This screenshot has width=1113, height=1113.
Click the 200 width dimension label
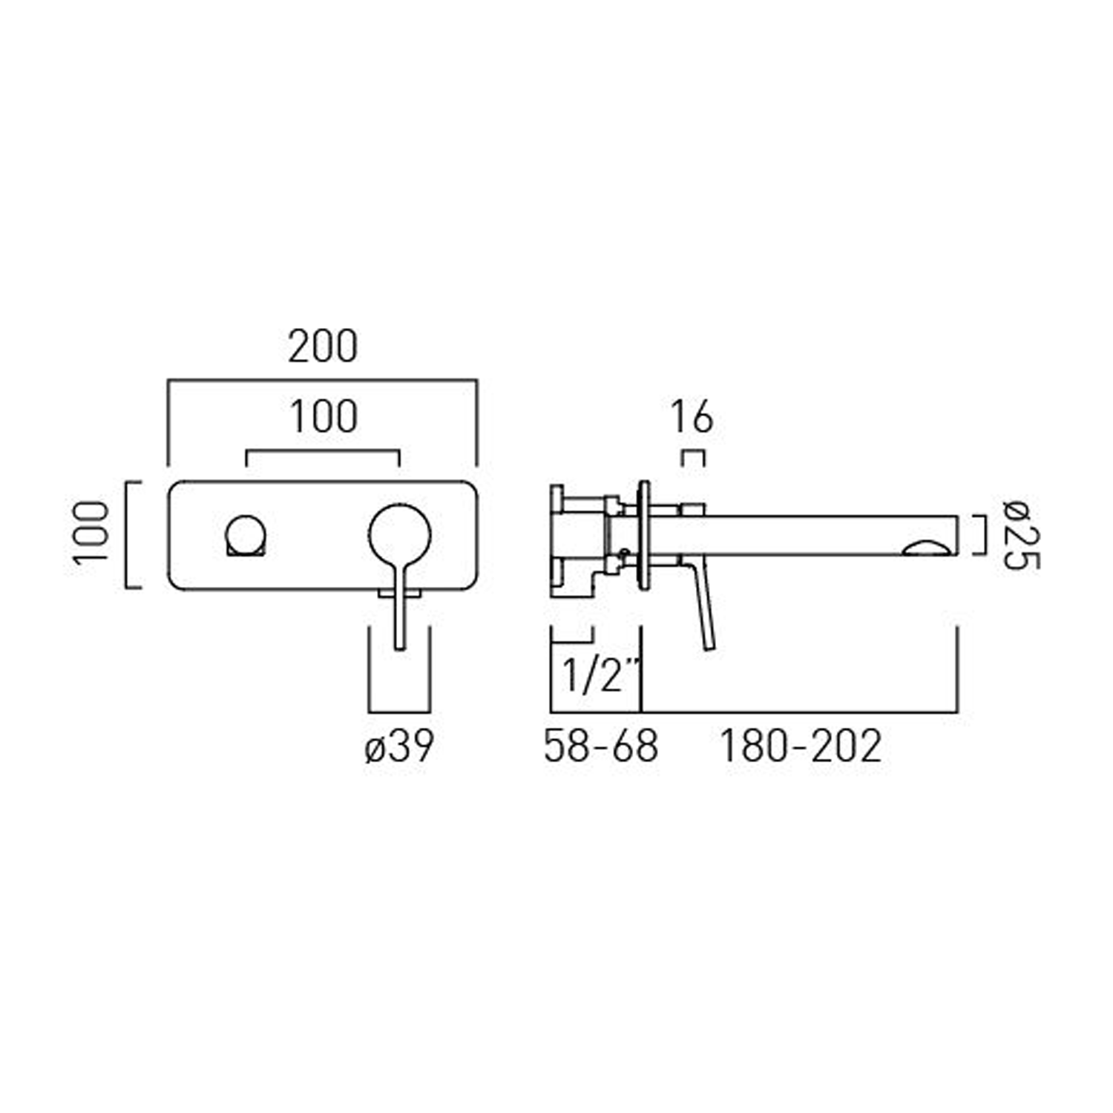(x=323, y=347)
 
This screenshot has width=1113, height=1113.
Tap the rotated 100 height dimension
(x=92, y=533)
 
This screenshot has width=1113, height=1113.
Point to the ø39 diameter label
(x=399, y=746)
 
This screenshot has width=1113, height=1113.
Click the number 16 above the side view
(x=692, y=417)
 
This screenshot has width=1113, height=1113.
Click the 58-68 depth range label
(x=600, y=746)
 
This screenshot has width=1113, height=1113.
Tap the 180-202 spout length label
(x=801, y=746)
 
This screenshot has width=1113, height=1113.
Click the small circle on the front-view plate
(x=246, y=535)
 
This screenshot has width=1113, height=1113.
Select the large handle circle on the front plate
(x=399, y=535)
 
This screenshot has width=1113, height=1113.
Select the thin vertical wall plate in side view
(x=643, y=535)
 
